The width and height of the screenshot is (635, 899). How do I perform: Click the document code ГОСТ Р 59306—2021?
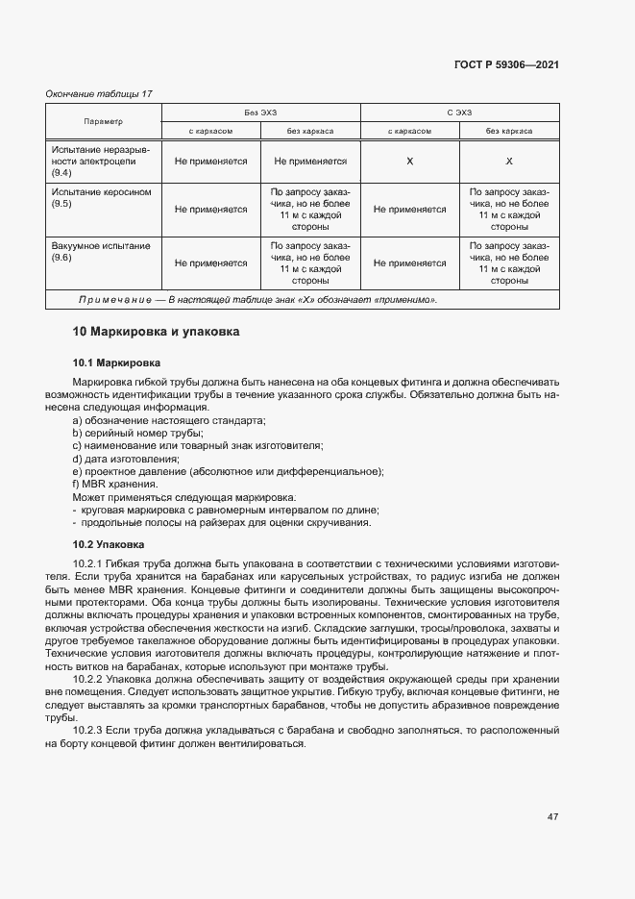[506, 65]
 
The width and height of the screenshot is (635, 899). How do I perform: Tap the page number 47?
[552, 817]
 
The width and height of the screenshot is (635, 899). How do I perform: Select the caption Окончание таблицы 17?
[100, 93]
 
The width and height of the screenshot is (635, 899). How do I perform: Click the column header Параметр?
[104, 121]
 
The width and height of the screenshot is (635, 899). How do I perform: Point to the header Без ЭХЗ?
[260, 112]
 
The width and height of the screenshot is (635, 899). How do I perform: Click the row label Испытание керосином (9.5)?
[101, 198]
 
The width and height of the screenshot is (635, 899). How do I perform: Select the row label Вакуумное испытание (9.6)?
[101, 252]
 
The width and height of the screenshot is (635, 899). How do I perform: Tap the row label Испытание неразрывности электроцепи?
[101, 161]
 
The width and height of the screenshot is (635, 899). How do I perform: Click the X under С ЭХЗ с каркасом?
[410, 162]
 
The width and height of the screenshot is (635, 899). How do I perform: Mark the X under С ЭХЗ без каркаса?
[509, 162]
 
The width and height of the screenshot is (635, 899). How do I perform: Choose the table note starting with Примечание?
[257, 300]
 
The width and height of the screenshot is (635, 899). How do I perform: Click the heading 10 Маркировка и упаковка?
[156, 332]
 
